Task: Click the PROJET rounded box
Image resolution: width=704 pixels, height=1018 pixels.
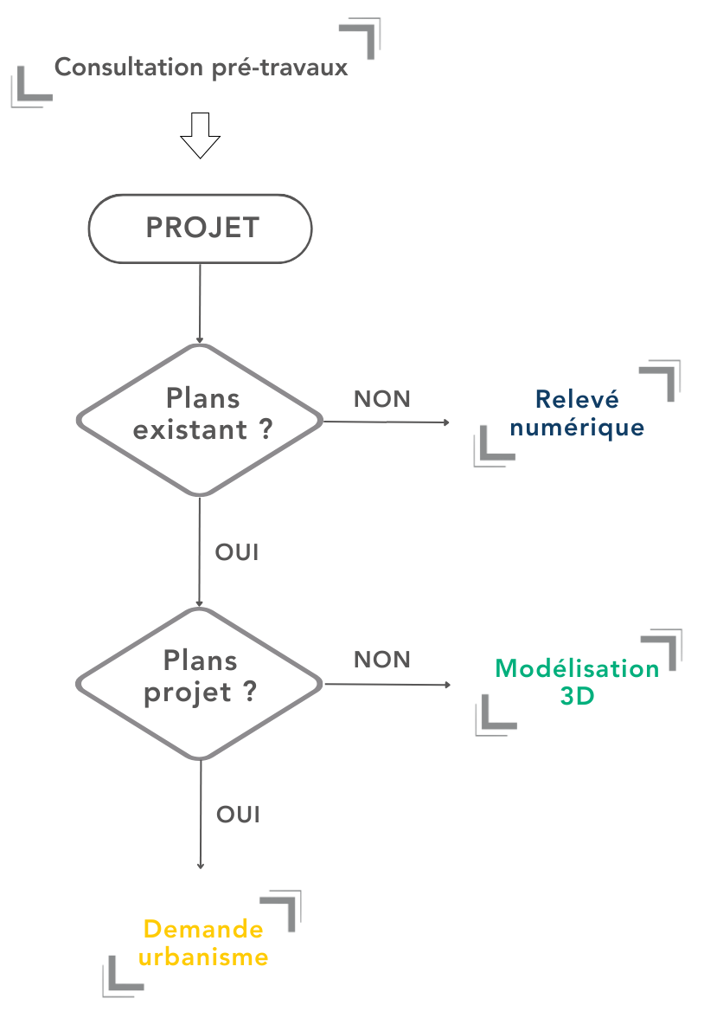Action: pos(201,229)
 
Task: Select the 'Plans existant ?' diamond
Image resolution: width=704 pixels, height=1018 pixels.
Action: pos(201,420)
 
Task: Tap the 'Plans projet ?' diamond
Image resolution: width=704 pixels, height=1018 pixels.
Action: pos(201,683)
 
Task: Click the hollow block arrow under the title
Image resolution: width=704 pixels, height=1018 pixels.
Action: pos(200,134)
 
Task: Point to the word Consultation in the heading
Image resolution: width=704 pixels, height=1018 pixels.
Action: pos(130,67)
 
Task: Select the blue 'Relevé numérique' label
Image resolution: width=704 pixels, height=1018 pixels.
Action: pos(577,413)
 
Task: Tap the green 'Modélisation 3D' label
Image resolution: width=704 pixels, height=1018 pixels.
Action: pos(577,681)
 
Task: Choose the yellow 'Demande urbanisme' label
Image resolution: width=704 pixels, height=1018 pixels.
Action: pos(204,943)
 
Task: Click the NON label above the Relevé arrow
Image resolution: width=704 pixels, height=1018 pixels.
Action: pos(381,399)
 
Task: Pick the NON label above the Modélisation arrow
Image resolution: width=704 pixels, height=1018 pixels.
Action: pos(381,660)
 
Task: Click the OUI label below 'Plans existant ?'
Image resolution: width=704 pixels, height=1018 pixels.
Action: pos(237,552)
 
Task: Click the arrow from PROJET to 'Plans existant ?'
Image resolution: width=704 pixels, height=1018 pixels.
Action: pos(200,303)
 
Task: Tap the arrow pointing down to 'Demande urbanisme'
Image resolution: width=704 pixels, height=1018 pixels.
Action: pos(201,814)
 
